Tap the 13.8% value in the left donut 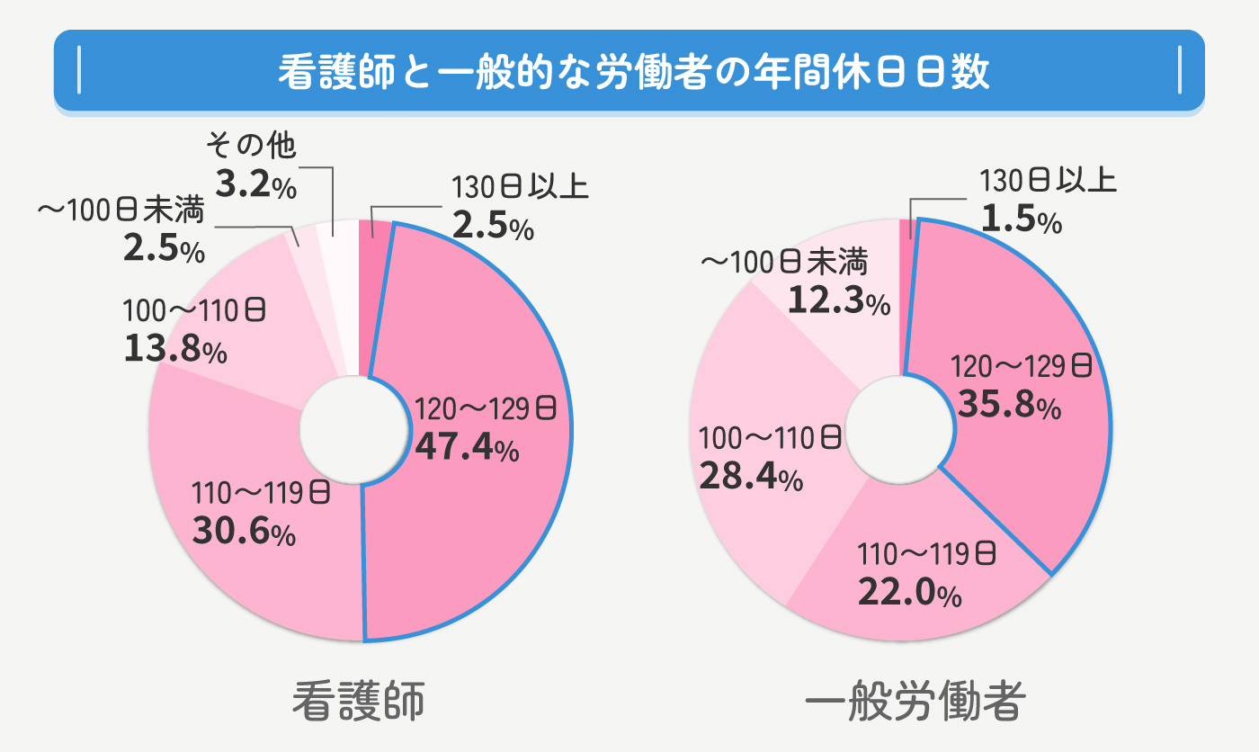pyautogui.click(x=174, y=348)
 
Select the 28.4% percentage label pyautogui.click(x=750, y=476)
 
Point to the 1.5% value pyautogui.click(x=1021, y=220)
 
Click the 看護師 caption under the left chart pyautogui.click(x=358, y=703)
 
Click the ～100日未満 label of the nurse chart pyautogui.click(x=120, y=210)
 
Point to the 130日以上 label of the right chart pyautogui.click(x=1048, y=183)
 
